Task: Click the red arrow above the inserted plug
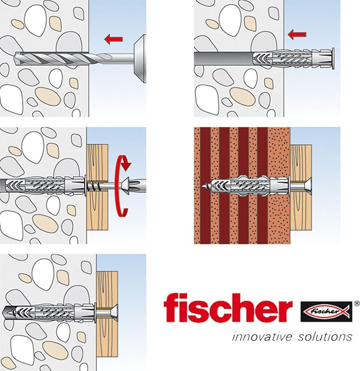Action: pyautogui.click(x=297, y=34)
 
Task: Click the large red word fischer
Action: pyautogui.click(x=228, y=308)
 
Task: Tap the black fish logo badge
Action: pyautogui.click(x=326, y=311)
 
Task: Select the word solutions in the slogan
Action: pyautogui.click(x=325, y=337)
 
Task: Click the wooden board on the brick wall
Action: pyautogui.click(x=301, y=187)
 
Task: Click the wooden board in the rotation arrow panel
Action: pyautogui.click(x=97, y=187)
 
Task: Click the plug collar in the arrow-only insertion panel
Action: pyautogui.click(x=333, y=58)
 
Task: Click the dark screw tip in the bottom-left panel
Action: pyautogui.click(x=9, y=313)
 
